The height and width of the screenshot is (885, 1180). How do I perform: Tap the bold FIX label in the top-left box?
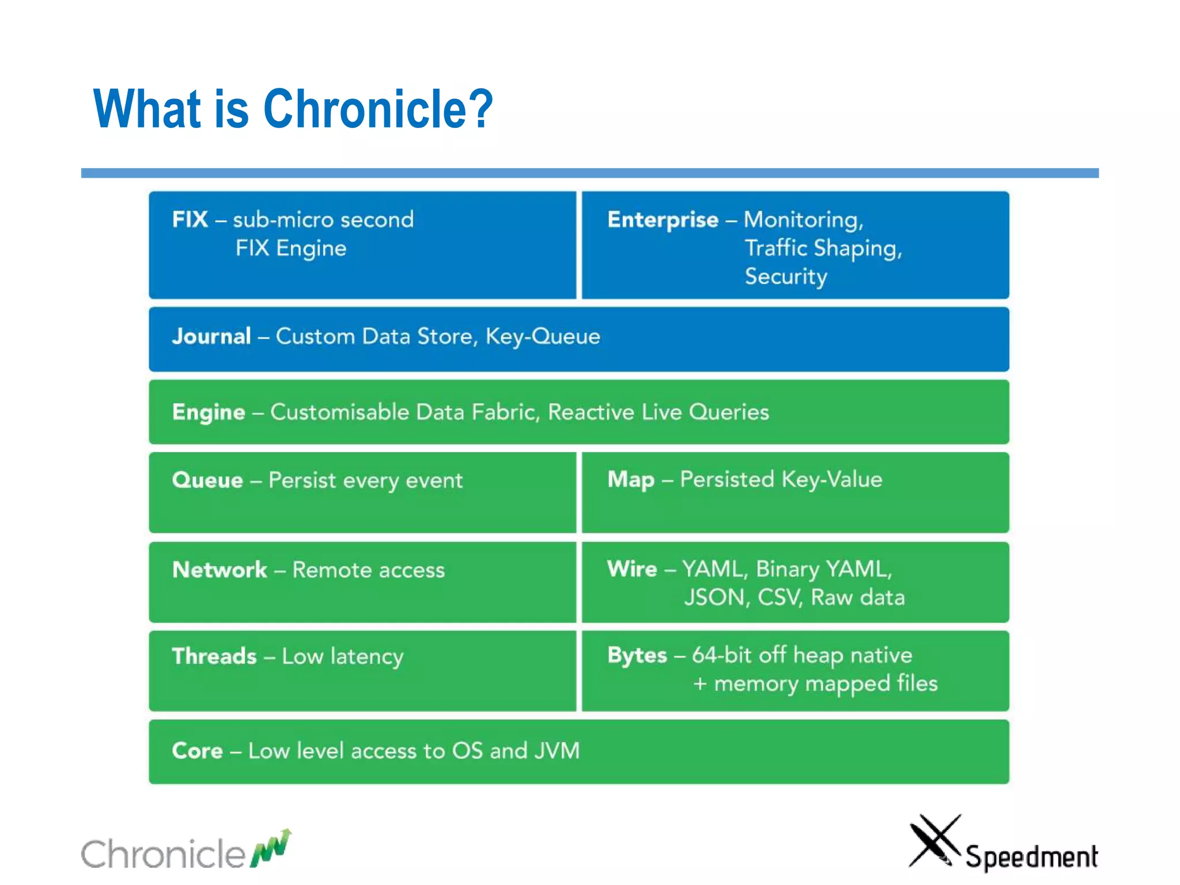[x=190, y=220]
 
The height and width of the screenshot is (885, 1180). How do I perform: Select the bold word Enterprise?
[x=663, y=220]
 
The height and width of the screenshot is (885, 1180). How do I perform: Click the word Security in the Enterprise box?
[x=786, y=277]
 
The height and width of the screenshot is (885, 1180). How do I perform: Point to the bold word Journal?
[x=211, y=336]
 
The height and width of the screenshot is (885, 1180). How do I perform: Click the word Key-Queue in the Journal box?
[x=543, y=336]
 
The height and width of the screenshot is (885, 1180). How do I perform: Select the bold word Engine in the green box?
[x=209, y=413]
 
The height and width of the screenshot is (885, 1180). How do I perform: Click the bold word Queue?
[x=207, y=481]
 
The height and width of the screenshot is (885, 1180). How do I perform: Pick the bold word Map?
[x=631, y=480]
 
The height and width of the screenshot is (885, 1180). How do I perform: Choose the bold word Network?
[x=220, y=570]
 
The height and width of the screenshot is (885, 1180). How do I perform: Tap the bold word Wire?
[x=632, y=569]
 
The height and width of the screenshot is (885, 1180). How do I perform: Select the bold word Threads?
[x=214, y=656]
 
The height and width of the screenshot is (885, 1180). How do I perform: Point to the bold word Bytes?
[x=637, y=656]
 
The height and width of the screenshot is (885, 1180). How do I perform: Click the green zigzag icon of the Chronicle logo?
[x=271, y=849]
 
